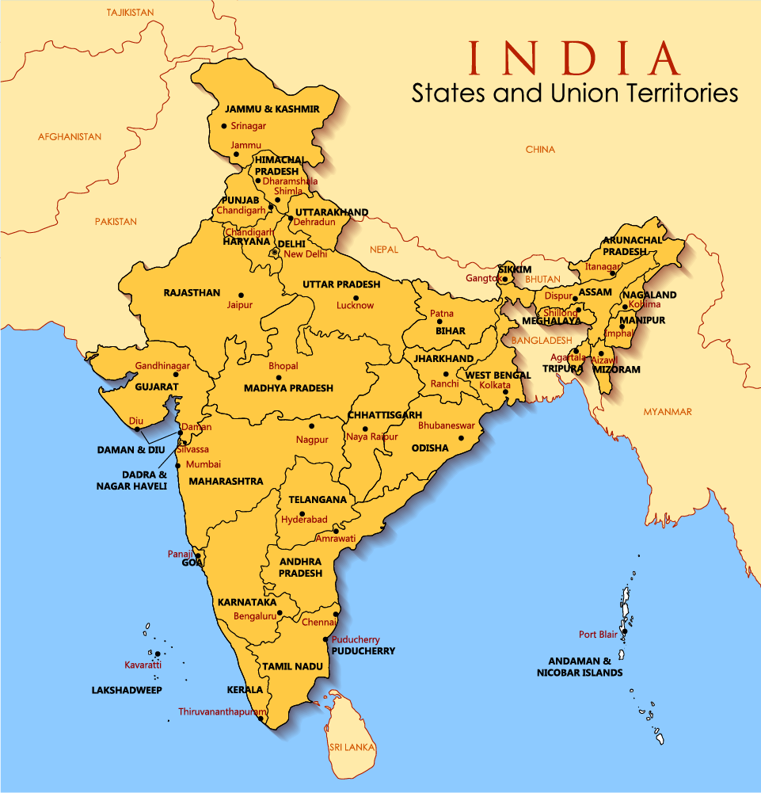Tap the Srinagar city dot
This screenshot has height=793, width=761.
(224, 126)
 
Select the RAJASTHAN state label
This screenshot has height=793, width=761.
(192, 292)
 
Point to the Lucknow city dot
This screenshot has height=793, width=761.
(355, 295)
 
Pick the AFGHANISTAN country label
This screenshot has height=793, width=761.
(70, 137)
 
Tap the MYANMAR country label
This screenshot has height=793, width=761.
(668, 412)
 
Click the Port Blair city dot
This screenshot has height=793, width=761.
(624, 632)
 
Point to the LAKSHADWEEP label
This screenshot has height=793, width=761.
(127, 690)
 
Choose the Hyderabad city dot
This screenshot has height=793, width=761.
(302, 514)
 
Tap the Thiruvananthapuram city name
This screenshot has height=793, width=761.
(222, 712)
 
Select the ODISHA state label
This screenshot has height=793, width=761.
(430, 448)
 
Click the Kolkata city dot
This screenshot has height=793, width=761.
(505, 391)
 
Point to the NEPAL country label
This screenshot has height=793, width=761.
(384, 249)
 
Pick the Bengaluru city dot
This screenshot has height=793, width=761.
(280, 612)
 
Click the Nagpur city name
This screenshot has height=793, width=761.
(312, 440)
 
